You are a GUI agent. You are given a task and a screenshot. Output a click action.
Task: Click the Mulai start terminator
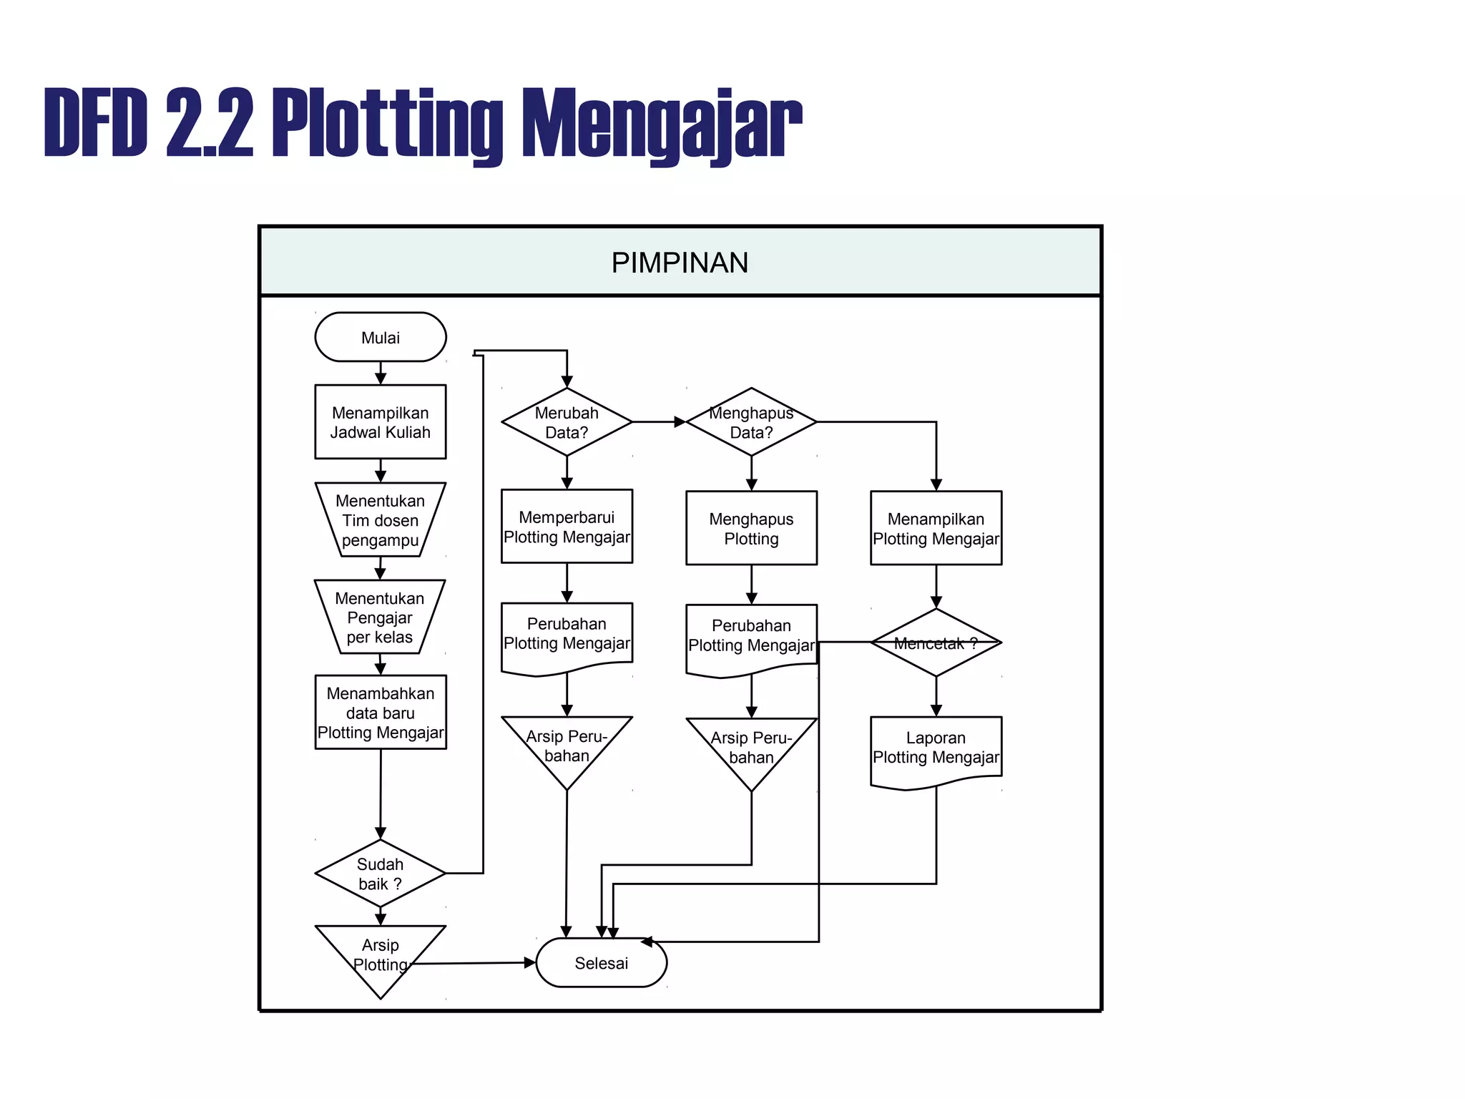(x=380, y=337)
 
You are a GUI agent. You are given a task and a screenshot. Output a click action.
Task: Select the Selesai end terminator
(x=601, y=963)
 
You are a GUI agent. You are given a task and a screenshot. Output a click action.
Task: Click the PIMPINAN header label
(x=680, y=263)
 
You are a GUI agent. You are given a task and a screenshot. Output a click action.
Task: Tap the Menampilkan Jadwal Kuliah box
(x=380, y=422)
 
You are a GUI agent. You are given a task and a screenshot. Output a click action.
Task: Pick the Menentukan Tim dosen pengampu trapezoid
(x=380, y=520)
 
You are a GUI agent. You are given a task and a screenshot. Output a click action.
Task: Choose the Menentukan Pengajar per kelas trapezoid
(x=380, y=617)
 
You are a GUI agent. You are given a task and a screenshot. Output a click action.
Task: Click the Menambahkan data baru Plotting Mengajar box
(x=380, y=713)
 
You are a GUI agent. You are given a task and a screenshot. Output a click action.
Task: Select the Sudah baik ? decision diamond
(x=380, y=874)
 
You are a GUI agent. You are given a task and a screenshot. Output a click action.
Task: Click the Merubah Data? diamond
(x=567, y=422)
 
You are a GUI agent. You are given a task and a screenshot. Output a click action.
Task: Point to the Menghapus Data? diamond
(x=751, y=422)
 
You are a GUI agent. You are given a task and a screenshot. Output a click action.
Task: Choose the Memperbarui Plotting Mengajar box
(x=567, y=527)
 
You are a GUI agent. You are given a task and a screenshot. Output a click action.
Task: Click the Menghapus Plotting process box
(x=751, y=528)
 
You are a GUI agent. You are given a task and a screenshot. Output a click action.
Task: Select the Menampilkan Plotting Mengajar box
(x=936, y=528)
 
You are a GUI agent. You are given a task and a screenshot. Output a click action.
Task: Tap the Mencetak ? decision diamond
(x=936, y=643)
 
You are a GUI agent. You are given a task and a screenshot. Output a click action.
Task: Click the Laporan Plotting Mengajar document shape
(x=936, y=748)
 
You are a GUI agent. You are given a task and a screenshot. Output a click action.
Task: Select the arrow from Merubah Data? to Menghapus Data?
(x=658, y=422)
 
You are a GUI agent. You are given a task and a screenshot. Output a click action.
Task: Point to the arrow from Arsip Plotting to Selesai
(x=472, y=963)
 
